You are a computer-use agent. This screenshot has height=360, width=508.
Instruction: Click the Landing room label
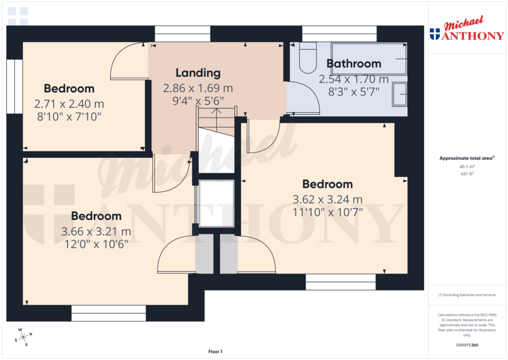pyautogui.click(x=198, y=73)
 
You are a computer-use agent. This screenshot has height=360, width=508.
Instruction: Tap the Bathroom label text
pyautogui.click(x=354, y=64)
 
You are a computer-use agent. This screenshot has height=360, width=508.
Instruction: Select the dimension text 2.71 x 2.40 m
pyautogui.click(x=69, y=104)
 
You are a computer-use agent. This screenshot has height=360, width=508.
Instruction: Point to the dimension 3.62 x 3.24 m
pyautogui.click(x=327, y=200)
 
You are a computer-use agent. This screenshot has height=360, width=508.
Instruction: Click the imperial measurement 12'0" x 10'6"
pyautogui.click(x=96, y=244)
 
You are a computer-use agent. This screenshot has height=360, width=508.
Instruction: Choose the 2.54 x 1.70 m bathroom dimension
pyautogui.click(x=354, y=79)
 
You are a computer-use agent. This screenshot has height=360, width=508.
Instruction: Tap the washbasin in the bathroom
pyautogui.click(x=400, y=94)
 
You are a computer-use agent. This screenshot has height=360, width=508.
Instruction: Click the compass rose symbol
pyautogui.click(x=23, y=337)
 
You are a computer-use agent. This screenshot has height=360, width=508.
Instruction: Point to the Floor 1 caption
pyautogui.click(x=215, y=352)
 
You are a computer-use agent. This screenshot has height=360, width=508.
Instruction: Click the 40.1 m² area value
pyautogui.click(x=466, y=167)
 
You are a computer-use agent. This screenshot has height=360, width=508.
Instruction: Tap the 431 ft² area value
pyautogui.click(x=466, y=174)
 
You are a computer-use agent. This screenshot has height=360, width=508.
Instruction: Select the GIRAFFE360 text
pyautogui.click(x=466, y=345)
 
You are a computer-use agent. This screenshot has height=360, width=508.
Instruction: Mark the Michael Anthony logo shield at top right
pyautogui.click(x=435, y=34)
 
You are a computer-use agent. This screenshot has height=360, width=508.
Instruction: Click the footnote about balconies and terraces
pyautogui.click(x=466, y=295)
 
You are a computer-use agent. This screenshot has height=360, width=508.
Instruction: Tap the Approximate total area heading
pyautogui.click(x=466, y=158)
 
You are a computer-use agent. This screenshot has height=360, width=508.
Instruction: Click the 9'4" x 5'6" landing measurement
pyautogui.click(x=198, y=100)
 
